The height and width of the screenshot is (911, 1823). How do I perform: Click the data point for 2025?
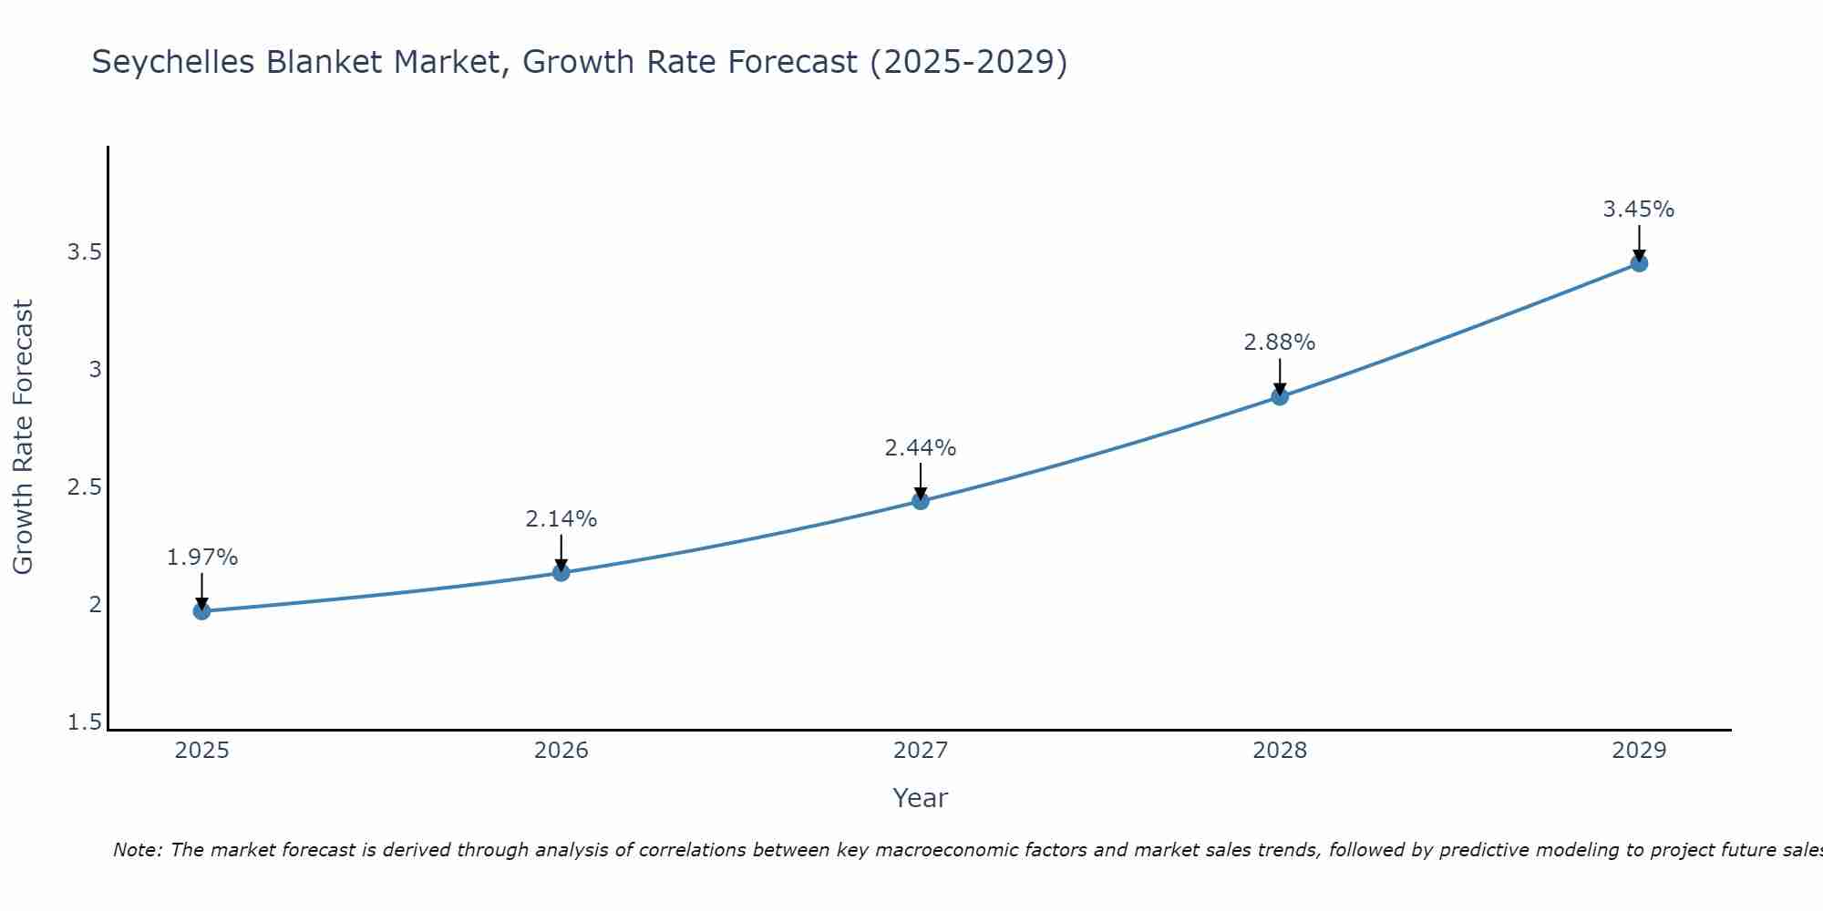point(201,610)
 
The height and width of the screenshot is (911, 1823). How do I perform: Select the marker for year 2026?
point(561,572)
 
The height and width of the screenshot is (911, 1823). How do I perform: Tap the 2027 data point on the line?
point(920,501)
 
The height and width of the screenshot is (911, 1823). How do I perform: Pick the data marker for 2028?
point(1279,396)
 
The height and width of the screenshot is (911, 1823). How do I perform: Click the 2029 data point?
point(1638,263)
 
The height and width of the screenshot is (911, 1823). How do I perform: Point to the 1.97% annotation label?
point(201,558)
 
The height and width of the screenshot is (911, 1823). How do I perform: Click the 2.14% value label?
point(561,519)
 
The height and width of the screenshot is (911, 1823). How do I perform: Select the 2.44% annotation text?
point(920,448)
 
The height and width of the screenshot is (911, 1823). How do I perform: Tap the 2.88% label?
point(1279,343)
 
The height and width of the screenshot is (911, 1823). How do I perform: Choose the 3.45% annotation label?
point(1638,210)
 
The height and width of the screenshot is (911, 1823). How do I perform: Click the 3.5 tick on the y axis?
point(84,252)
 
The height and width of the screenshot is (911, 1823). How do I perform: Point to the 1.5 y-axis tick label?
point(84,722)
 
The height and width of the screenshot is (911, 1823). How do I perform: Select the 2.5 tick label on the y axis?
point(84,487)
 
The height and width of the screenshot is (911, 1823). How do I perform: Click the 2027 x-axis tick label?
point(920,751)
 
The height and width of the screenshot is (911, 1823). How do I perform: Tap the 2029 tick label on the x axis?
point(1638,751)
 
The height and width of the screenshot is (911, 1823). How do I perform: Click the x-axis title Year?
point(920,798)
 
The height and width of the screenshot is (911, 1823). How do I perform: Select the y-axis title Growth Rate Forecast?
point(23,437)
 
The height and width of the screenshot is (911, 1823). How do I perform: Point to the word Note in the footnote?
point(137,850)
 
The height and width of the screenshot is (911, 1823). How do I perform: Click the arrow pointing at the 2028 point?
point(1279,375)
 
